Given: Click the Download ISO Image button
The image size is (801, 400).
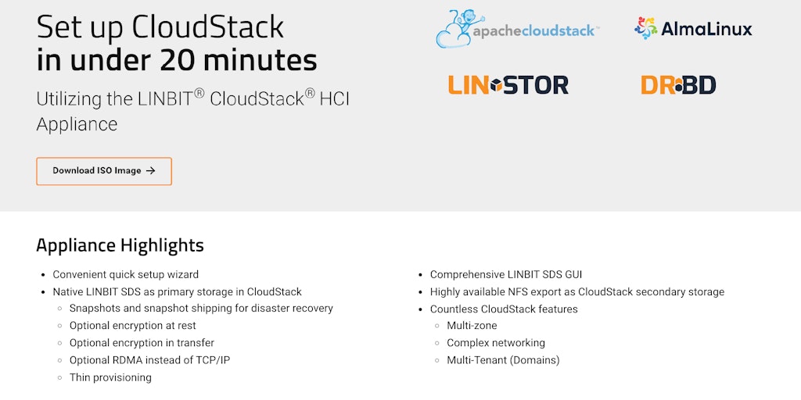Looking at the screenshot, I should click(x=103, y=171).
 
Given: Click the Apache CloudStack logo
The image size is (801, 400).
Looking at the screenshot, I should click(x=517, y=30).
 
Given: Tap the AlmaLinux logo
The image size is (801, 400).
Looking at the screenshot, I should click(x=693, y=29).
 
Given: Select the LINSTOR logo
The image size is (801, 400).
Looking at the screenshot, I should click(x=508, y=84).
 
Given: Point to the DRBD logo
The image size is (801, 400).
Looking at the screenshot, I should click(x=678, y=84).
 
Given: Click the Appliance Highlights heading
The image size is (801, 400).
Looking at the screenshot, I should click(x=120, y=245).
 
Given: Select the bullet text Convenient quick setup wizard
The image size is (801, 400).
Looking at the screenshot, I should click(x=125, y=275).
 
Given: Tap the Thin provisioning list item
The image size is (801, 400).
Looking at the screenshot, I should click(x=110, y=377).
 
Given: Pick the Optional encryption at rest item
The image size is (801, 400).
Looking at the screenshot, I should click(x=132, y=326).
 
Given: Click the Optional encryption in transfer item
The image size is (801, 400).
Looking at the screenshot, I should click(x=142, y=343).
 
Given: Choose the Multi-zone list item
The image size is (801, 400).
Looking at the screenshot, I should click(x=472, y=326).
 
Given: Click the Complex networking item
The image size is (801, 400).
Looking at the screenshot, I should click(x=496, y=343).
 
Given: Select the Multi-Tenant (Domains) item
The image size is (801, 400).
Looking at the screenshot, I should click(x=503, y=360).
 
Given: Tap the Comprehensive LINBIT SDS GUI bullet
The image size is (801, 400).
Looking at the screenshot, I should click(x=506, y=275).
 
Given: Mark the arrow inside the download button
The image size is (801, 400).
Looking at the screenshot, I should click(x=151, y=171).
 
